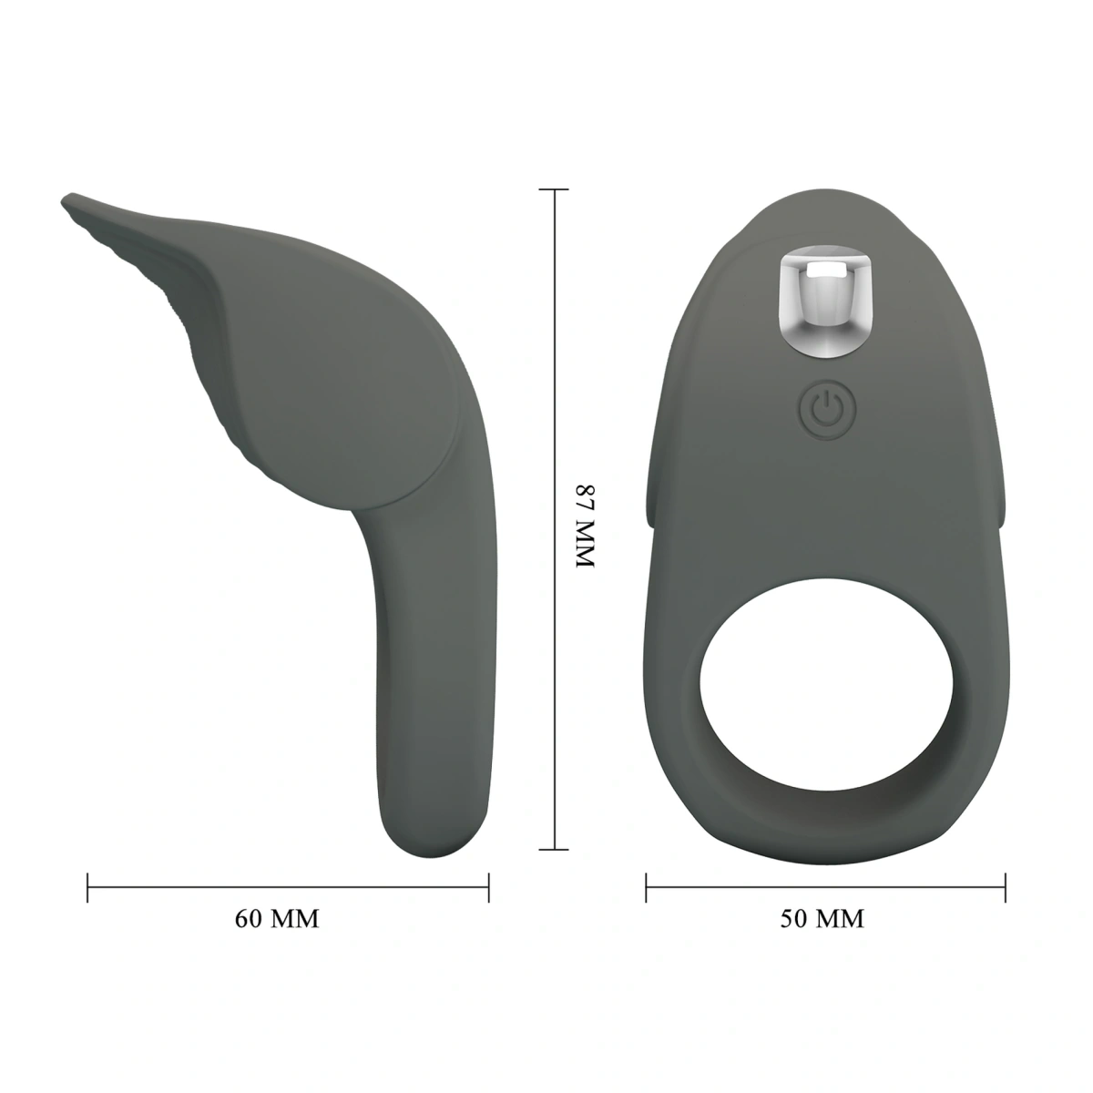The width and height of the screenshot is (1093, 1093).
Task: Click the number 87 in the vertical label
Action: tap(583, 503)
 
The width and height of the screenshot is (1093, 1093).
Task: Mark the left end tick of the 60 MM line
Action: tap(87, 887)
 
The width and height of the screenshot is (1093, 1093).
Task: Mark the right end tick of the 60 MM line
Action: tap(489, 887)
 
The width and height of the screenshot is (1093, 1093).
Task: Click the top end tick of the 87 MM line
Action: tap(554, 189)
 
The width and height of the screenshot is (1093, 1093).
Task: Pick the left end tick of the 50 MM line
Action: tap(646, 887)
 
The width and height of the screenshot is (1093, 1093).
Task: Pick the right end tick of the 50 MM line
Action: tap(1005, 887)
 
